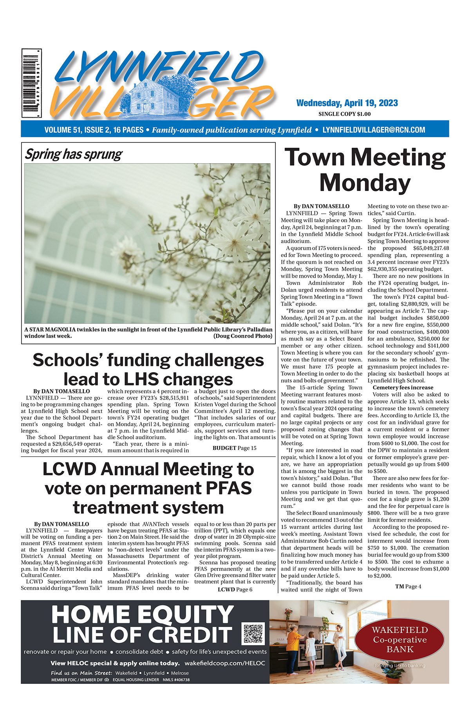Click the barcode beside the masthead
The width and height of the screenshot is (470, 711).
pos(32,83)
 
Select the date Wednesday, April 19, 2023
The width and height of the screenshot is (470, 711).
pos(347,103)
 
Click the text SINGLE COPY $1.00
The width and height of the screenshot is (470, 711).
pos(345,114)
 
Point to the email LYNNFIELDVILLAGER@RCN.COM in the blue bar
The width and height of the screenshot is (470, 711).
pos(374,130)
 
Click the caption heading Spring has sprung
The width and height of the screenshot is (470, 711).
pos(74,154)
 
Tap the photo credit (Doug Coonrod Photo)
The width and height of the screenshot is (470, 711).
pos(242,336)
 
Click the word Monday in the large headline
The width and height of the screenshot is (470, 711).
pos(365,183)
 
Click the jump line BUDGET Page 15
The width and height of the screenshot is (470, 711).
pos(234,448)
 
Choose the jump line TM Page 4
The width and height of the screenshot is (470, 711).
pos(408,587)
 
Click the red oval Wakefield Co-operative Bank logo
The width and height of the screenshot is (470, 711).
pos(399,640)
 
